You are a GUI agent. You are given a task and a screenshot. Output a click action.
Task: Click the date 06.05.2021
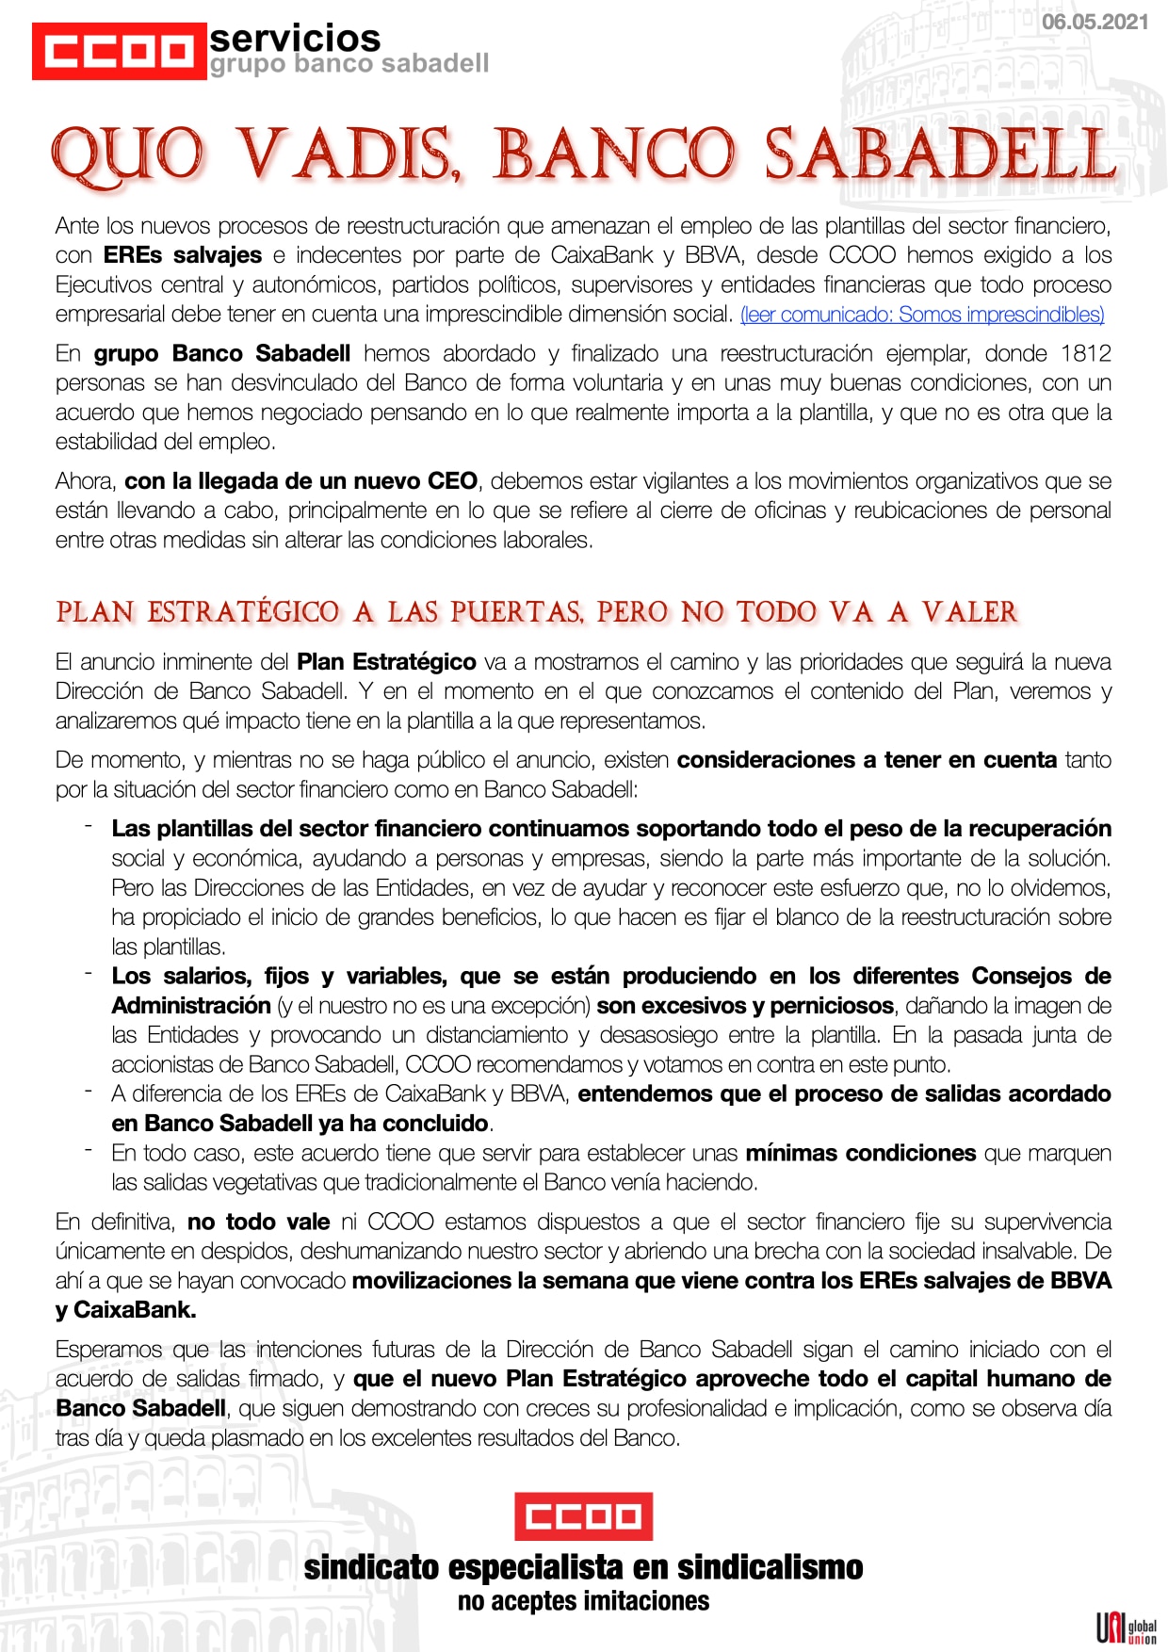click(1095, 23)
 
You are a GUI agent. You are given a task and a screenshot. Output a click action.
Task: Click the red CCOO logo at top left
click(119, 51)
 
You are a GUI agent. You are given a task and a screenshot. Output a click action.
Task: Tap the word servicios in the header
click(295, 39)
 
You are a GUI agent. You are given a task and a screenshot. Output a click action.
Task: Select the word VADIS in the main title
click(346, 154)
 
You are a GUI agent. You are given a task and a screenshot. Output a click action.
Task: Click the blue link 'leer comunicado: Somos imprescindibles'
click(922, 315)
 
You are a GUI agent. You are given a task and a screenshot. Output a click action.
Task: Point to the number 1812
click(1085, 353)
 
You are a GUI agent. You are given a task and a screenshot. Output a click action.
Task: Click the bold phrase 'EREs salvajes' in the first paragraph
click(183, 255)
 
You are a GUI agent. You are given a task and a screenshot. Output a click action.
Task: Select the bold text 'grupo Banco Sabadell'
click(222, 353)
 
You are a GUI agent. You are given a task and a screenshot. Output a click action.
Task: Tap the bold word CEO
click(452, 481)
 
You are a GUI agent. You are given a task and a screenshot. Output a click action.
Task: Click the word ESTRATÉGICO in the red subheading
click(243, 612)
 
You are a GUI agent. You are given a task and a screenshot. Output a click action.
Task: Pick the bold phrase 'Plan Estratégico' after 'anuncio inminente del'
click(386, 662)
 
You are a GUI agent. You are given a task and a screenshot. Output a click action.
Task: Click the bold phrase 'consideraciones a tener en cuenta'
click(867, 760)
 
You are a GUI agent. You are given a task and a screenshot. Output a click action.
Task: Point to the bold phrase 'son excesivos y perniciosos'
click(745, 1006)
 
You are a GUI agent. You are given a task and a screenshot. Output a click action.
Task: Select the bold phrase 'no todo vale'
click(258, 1223)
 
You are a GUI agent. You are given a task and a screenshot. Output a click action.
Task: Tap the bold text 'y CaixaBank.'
click(126, 1310)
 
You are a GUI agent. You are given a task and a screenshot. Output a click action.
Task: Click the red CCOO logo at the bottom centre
click(583, 1516)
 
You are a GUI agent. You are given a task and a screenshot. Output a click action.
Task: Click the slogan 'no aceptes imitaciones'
click(583, 1601)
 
